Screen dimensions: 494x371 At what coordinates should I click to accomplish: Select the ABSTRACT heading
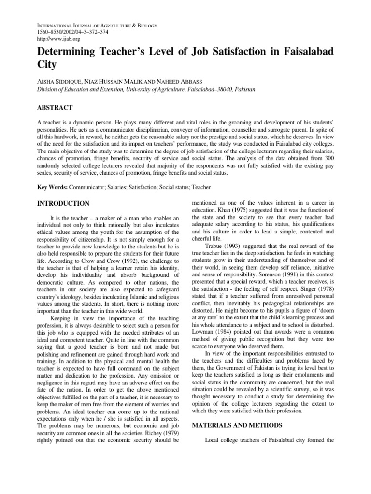pyautogui.click(x=55, y=107)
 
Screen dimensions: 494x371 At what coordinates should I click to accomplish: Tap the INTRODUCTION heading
pyautogui.click(x=63, y=203)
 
